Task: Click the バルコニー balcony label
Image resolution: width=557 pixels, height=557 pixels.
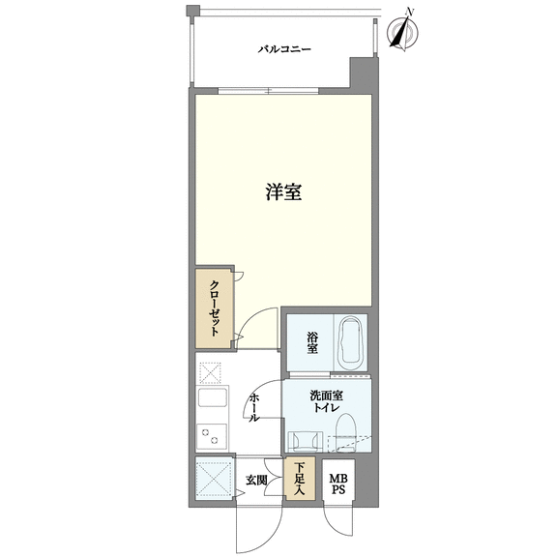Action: coord(284,48)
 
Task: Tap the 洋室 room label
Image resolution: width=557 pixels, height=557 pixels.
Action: coord(284,191)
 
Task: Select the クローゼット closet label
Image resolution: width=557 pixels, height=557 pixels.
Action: coord(215,308)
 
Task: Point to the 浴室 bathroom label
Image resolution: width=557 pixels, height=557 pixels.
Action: coord(312,342)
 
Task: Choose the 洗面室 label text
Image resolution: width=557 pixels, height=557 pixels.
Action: coord(327,395)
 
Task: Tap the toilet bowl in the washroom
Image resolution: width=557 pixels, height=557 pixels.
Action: coord(346,433)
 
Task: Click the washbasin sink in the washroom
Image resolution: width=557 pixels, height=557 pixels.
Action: coord(306,441)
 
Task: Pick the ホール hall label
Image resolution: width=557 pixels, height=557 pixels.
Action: coord(253,407)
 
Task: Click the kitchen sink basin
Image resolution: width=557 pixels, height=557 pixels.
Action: coord(213,397)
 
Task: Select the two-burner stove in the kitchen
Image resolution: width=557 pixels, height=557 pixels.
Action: coord(212,436)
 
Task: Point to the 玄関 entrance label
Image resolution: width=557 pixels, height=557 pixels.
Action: coord(256,481)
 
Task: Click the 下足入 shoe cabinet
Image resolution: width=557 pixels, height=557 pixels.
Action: coord(300,478)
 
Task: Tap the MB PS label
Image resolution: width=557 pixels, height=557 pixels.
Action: coord(338,484)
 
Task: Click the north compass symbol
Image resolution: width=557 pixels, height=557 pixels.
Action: coord(402,32)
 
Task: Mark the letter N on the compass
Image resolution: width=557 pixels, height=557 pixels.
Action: coord(410,12)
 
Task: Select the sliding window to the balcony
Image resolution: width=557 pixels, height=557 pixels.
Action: coord(269,90)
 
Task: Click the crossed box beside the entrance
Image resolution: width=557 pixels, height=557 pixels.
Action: coord(213,478)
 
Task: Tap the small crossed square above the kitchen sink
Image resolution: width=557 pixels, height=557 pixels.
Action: coord(210,372)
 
